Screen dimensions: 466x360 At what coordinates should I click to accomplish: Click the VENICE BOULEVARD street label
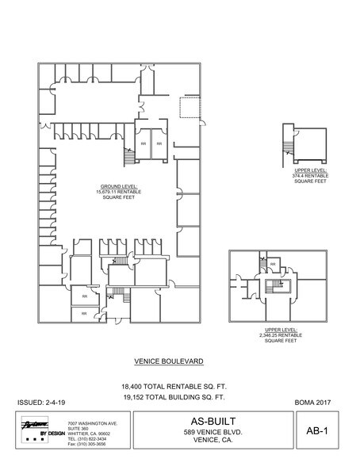click(x=169, y=361)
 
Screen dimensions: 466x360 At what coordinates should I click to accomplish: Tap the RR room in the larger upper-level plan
click(x=273, y=264)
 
